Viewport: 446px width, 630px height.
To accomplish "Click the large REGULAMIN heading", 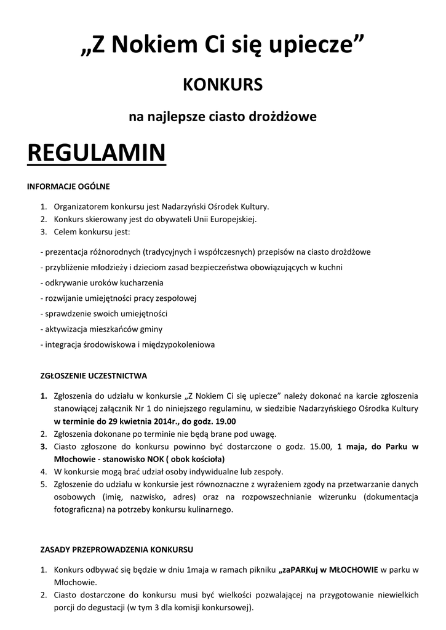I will [97, 153].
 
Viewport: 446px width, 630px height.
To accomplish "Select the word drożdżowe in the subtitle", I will [288, 116].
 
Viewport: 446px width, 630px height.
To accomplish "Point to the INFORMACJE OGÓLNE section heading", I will [68, 186].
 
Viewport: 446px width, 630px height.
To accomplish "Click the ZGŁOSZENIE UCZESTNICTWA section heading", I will [94, 375].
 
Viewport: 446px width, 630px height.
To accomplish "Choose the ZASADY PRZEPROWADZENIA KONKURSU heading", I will [117, 547].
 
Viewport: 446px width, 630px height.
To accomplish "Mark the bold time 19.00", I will [225, 421].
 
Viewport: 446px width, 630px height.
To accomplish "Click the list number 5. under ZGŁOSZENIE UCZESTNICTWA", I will [44, 484].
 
